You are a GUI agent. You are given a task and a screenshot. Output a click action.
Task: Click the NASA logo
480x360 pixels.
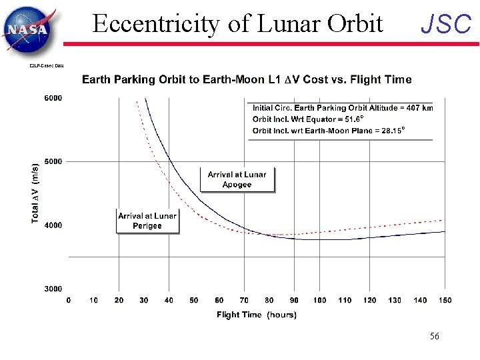pos(28,29)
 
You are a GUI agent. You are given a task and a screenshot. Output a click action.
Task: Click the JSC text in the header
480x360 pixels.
pos(445,25)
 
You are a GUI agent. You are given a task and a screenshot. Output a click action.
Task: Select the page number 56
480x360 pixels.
pos(434,337)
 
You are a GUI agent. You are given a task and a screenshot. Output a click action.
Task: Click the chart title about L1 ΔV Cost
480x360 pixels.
pos(247,79)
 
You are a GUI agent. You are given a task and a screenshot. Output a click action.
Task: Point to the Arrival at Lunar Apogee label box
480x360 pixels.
pos(237,179)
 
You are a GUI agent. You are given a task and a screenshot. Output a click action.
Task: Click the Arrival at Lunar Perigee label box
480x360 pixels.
pos(147,221)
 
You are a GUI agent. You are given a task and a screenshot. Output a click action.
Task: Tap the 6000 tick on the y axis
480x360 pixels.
pos(53,98)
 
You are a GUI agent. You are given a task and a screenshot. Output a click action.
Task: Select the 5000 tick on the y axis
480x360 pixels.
pos(53,161)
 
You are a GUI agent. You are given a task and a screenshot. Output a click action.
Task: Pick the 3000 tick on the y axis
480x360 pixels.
pos(53,289)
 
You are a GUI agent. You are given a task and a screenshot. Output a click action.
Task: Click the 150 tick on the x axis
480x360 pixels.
pos(444,301)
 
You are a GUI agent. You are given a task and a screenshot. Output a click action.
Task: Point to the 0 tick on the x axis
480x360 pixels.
pos(69,301)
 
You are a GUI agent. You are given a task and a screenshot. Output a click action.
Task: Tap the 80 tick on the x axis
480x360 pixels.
pos(269,301)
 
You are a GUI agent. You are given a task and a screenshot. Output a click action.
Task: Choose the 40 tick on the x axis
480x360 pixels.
pos(169,301)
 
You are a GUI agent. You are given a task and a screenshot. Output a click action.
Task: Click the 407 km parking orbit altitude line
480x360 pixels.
pos(343,108)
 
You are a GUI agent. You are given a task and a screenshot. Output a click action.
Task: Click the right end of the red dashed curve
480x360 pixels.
pos(443,220)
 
